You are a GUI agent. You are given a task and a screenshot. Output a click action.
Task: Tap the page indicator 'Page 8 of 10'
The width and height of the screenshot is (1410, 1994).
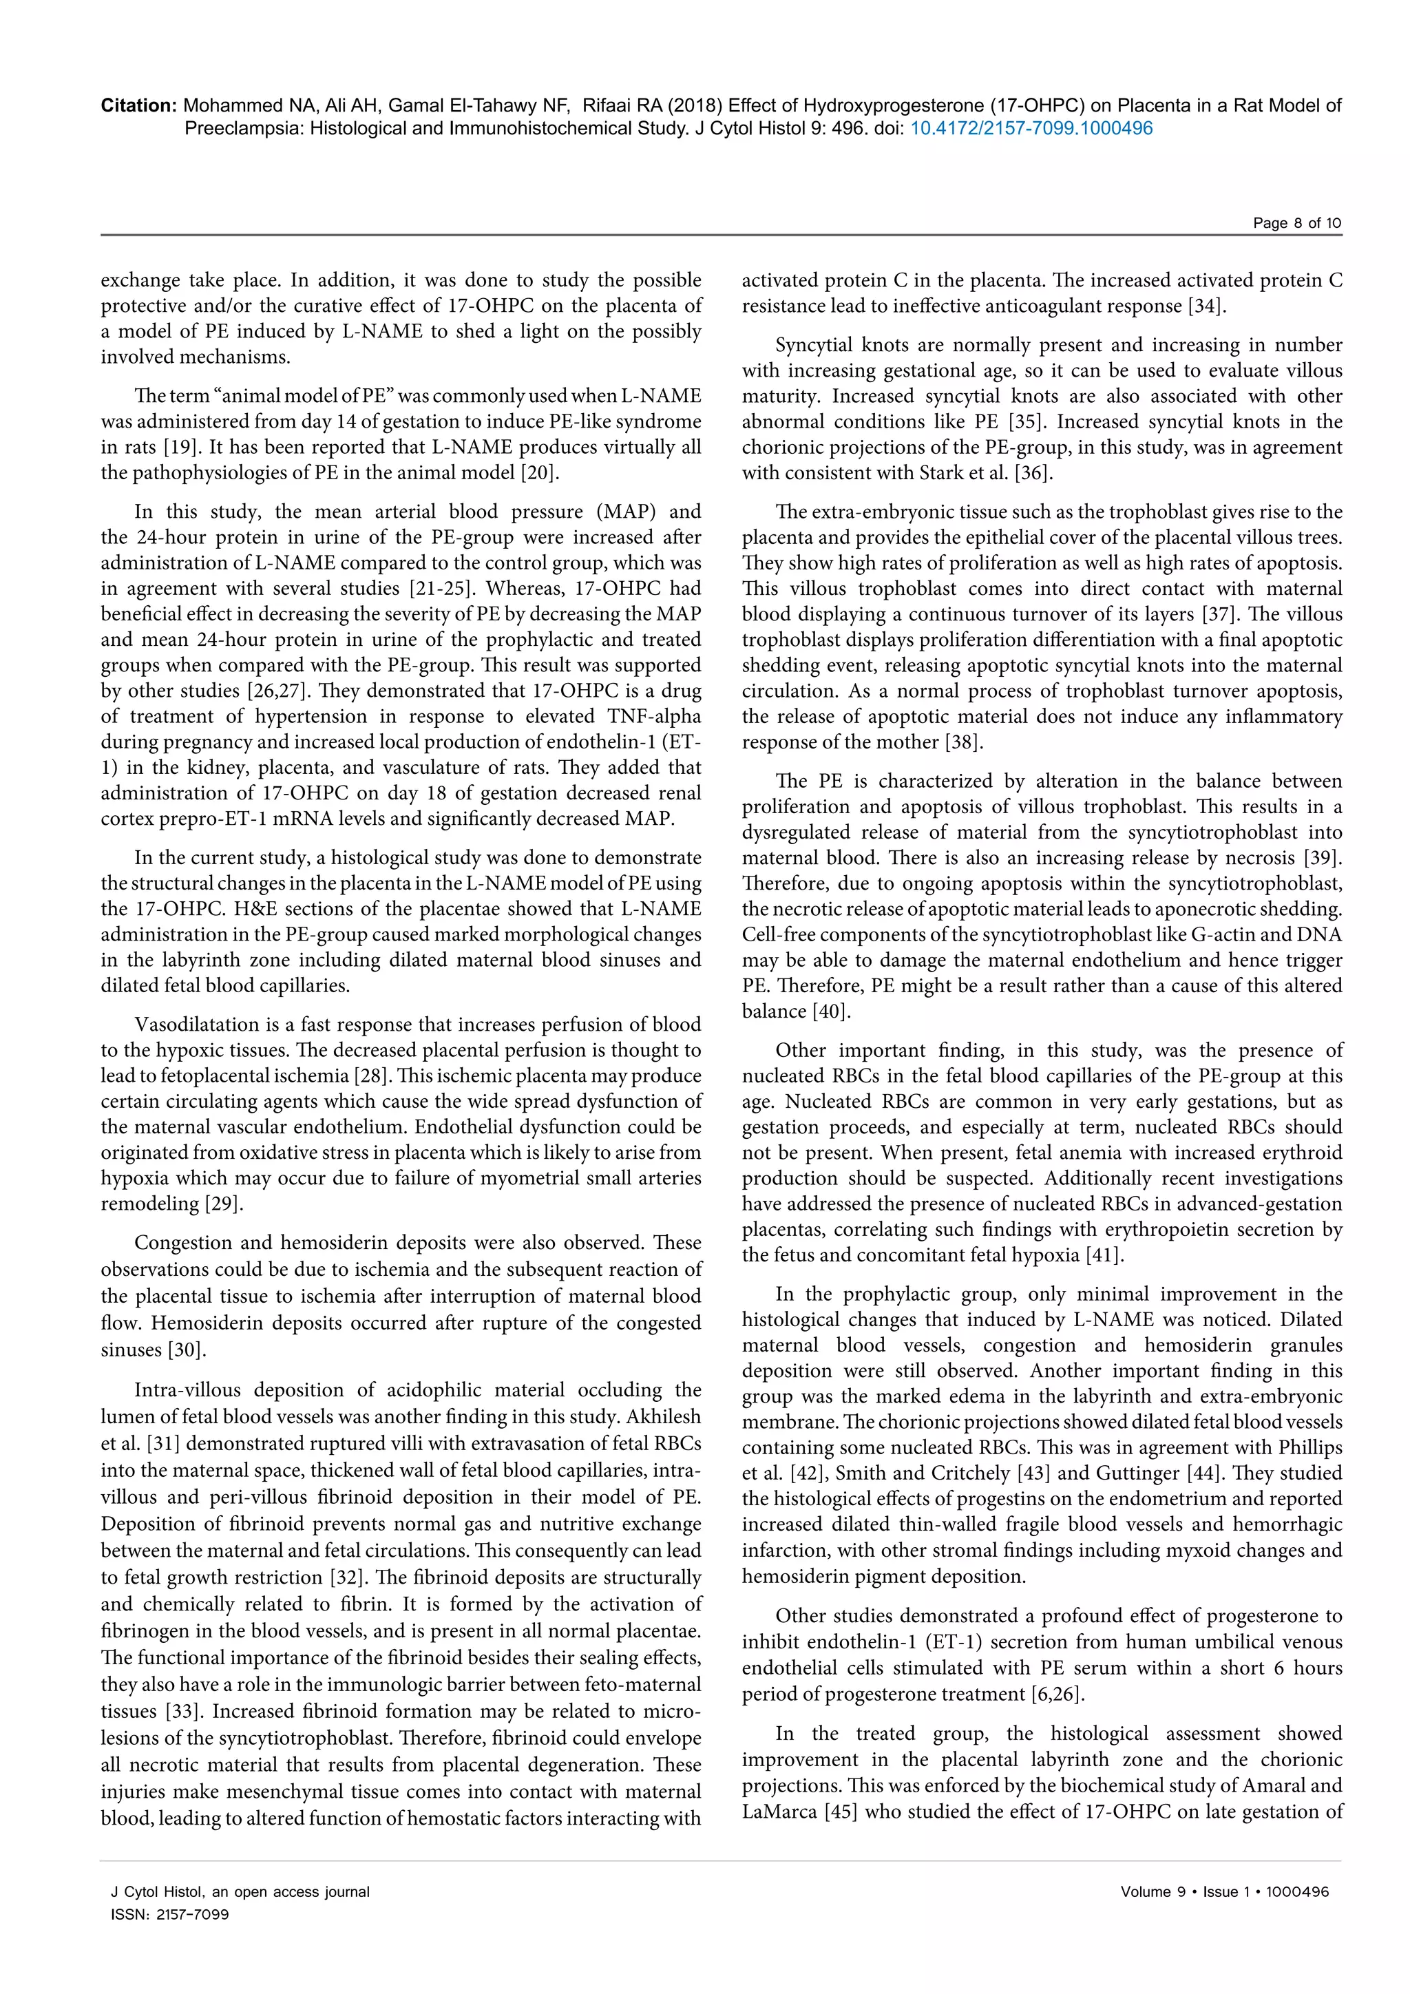(1296, 223)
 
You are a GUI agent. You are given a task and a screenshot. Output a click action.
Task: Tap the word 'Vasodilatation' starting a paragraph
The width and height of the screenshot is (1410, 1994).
(191, 1025)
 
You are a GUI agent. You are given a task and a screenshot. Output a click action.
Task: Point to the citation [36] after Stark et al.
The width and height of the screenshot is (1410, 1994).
(1033, 473)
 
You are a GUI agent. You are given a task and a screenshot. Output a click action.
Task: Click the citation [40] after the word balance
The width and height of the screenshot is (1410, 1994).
(831, 1011)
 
